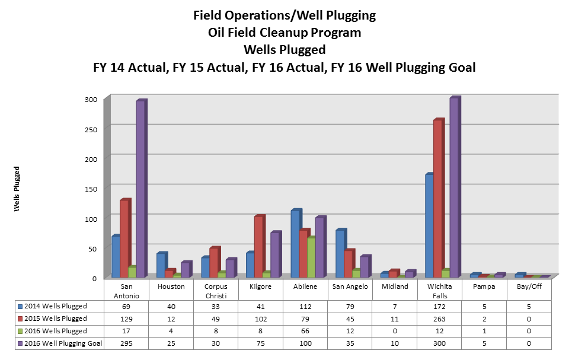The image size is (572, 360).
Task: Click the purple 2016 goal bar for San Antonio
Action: pyautogui.click(x=140, y=190)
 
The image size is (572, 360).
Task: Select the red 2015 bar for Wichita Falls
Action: pyautogui.click(x=438, y=199)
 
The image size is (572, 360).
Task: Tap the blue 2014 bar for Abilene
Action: pyautogui.click(x=295, y=244)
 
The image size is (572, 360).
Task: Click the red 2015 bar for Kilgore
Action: pyautogui.click(x=258, y=247)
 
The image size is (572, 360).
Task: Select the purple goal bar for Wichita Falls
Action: pyautogui.click(x=454, y=188)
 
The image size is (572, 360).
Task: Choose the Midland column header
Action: pyautogui.click(x=395, y=286)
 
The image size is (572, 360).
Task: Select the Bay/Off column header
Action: pyautogui.click(x=529, y=286)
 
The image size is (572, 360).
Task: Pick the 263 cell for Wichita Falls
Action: pyautogui.click(x=440, y=318)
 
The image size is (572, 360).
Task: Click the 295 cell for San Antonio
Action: pyautogui.click(x=127, y=343)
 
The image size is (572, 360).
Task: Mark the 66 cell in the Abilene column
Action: pyautogui.click(x=306, y=331)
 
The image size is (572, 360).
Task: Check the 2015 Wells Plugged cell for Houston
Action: pyautogui.click(x=172, y=318)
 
